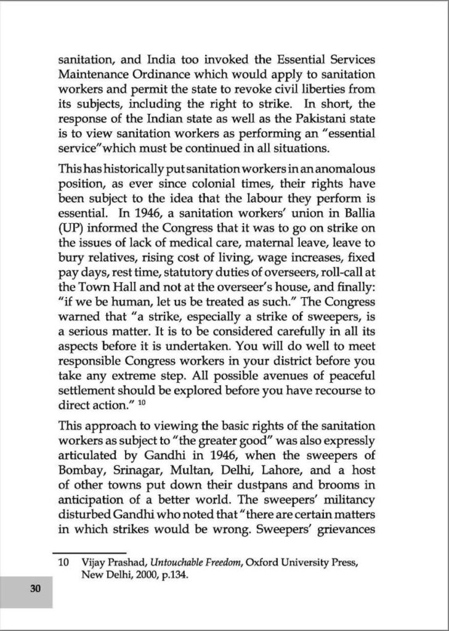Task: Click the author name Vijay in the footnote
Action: (89, 563)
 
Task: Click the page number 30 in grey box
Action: (35, 588)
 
